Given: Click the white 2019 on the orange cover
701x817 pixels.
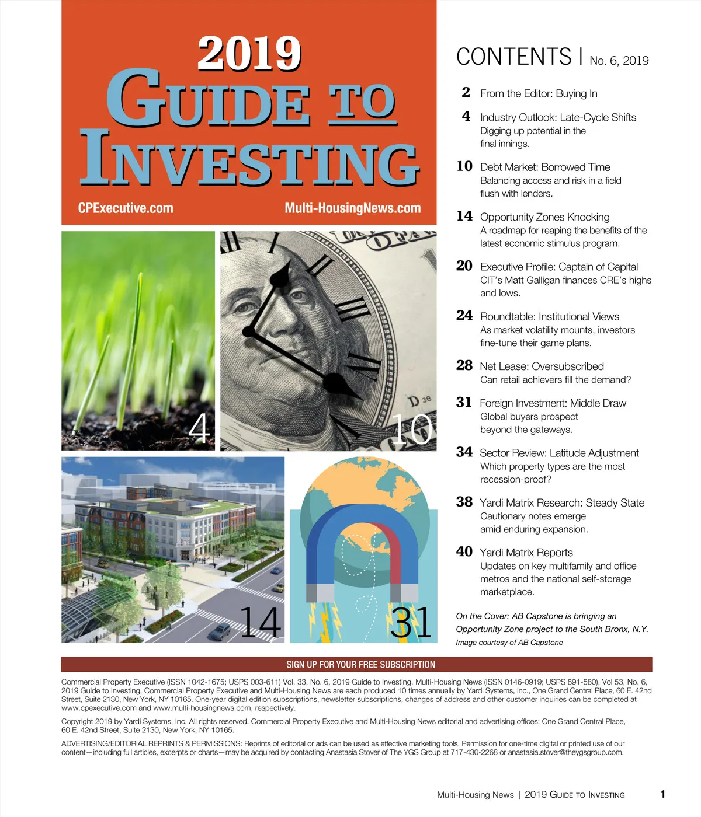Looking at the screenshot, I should (x=249, y=53).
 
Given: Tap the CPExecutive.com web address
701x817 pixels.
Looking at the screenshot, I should (x=126, y=208).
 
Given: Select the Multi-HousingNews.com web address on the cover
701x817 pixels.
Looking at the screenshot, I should (x=352, y=208).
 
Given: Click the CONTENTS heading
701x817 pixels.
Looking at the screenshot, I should (x=513, y=57).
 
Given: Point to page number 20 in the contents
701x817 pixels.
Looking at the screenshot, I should (x=464, y=266).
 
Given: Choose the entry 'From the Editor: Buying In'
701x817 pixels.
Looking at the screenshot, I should (x=538, y=93).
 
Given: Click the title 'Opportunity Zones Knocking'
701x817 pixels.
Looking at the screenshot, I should (x=544, y=217).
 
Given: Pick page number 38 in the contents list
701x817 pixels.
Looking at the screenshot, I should (x=464, y=502).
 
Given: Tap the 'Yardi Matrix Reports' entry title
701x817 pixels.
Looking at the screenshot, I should (x=526, y=552).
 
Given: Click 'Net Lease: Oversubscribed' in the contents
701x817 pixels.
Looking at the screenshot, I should (x=542, y=366).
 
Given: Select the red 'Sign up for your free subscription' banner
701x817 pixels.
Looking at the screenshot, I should (x=360, y=665).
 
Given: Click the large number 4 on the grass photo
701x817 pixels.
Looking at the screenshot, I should (x=199, y=428).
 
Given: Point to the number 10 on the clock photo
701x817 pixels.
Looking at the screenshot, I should (x=412, y=430).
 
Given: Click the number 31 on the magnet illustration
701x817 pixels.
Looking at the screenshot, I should (x=411, y=623).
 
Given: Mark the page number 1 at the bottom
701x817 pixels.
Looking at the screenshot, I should (x=662, y=794).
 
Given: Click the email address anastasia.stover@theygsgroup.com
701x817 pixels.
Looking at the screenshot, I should (x=565, y=752).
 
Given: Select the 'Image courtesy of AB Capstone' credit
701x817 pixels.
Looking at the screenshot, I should (x=509, y=643).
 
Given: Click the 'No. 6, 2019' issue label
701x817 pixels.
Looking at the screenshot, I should (x=619, y=61).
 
